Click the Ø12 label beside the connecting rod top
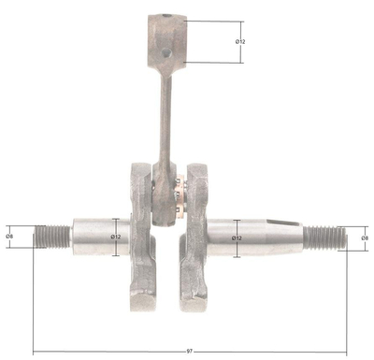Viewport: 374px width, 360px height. (239, 41)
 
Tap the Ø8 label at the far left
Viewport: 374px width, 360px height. (8, 236)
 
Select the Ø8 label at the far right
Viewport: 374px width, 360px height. (366, 238)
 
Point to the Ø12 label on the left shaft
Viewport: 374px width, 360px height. (116, 237)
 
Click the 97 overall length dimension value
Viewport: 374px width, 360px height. (190, 351)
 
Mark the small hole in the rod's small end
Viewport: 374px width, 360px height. (165, 55)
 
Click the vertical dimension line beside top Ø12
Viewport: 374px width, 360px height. (242, 41)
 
